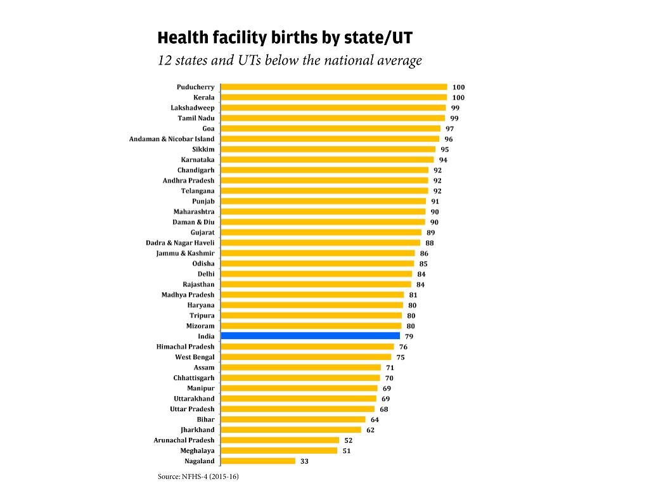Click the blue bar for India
coord(311,336)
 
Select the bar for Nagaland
coord(258,461)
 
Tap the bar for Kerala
coord(334,98)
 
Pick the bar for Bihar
coord(293,419)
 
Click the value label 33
coord(304,461)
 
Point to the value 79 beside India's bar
coord(409,336)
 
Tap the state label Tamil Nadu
coord(196,118)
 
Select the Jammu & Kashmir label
coord(185,253)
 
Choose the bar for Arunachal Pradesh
coord(280,440)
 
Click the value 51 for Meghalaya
coord(346,451)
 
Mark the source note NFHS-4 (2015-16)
coord(198,476)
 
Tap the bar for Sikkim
coord(328,150)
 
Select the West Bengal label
coord(195,357)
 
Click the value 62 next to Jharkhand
coord(370,430)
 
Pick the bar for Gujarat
coord(321,233)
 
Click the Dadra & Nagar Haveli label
coord(180,243)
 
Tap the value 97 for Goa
coord(449,129)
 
